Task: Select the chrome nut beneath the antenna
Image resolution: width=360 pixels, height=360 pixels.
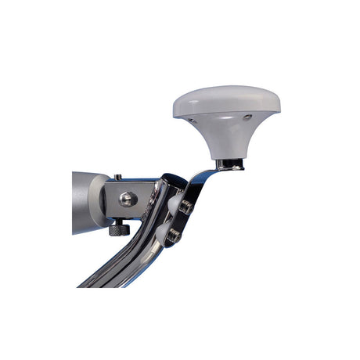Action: (229, 164)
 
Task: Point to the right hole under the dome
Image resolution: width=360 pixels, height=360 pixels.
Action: (248, 118)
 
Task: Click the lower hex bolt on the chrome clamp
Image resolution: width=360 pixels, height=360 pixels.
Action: (175, 232)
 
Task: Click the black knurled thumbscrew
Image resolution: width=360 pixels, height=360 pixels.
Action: (117, 229)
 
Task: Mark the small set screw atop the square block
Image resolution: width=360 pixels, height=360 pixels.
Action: (118, 177)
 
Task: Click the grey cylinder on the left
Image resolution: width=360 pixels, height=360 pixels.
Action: (84, 202)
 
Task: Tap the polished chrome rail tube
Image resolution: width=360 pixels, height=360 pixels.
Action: (117, 266)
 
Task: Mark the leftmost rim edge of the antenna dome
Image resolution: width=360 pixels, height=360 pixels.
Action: (174, 108)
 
